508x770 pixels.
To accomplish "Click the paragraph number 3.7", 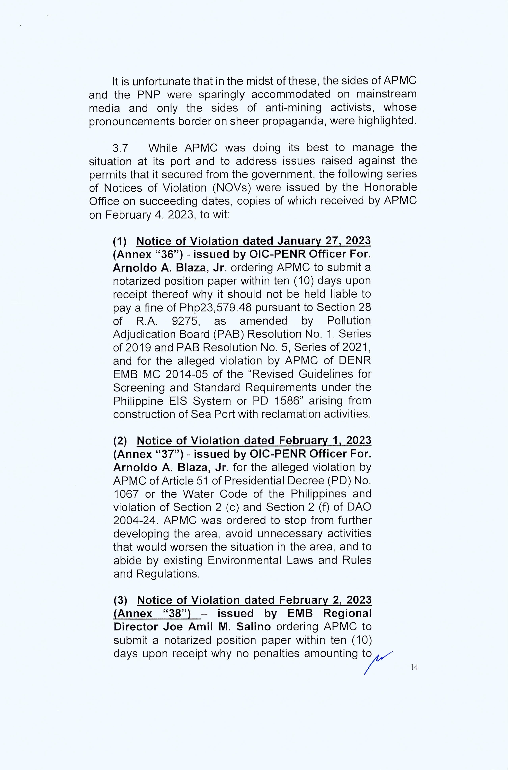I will coord(120,148).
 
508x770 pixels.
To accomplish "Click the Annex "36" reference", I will coord(148,254).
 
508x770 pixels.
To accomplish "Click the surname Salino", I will coord(254,627).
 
